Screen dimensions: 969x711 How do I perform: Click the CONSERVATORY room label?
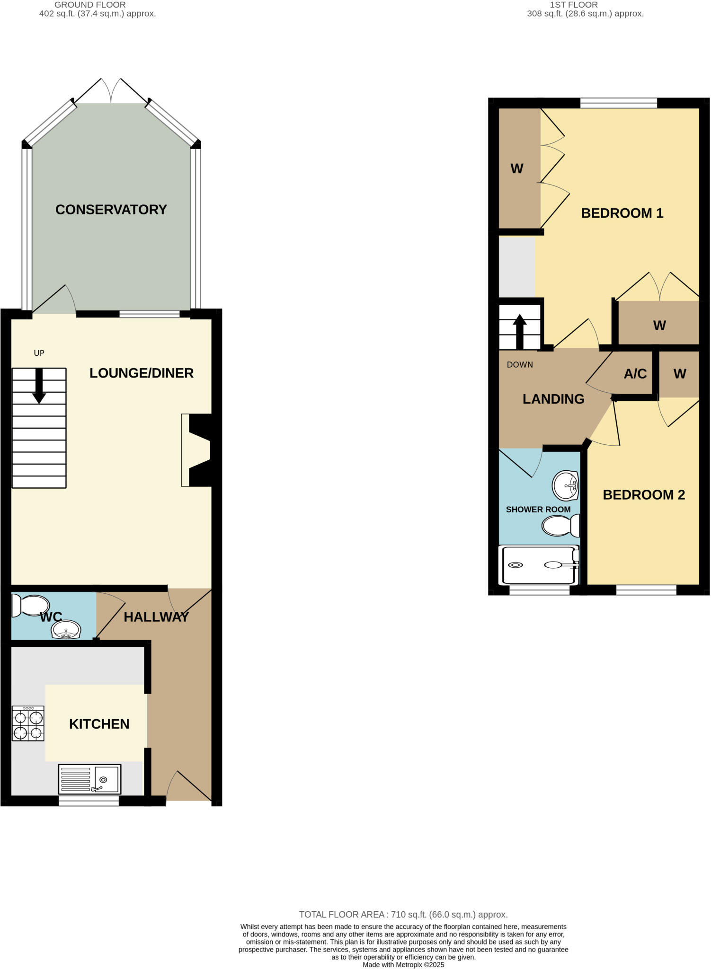111,210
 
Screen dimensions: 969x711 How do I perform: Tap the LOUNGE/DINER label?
142,373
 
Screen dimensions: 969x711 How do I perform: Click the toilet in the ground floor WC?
31,606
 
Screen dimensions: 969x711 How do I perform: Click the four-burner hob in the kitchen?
28,723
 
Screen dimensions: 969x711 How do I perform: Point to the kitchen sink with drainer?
89,779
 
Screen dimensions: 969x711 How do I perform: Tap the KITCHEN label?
99,724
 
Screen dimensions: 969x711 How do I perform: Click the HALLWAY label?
156,617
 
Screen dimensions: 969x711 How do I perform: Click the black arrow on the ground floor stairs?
39,386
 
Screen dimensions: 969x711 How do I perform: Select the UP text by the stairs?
39,353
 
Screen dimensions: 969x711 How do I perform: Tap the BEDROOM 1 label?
622,213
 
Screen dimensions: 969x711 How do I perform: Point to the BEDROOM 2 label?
644,495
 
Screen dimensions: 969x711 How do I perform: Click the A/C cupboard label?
635,374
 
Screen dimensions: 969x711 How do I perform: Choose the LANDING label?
553,399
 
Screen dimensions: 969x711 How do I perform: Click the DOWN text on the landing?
520,365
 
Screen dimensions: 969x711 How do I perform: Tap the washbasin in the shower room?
566,485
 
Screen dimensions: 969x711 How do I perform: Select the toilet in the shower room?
560,526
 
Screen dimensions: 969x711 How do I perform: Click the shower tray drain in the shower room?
515,565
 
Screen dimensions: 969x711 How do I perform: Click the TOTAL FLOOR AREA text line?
403,915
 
